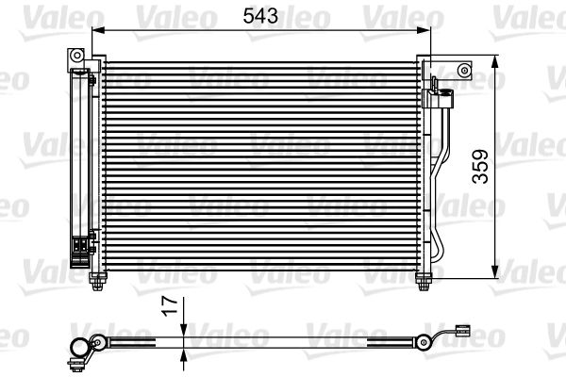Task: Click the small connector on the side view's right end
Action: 462,331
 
